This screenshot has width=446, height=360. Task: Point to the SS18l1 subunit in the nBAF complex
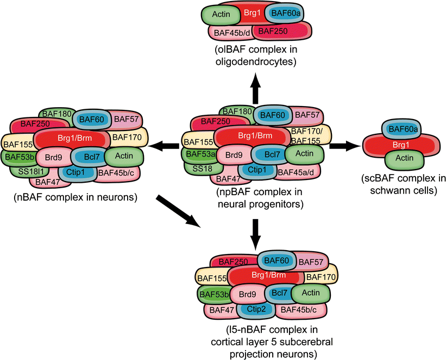[x=28, y=170]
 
